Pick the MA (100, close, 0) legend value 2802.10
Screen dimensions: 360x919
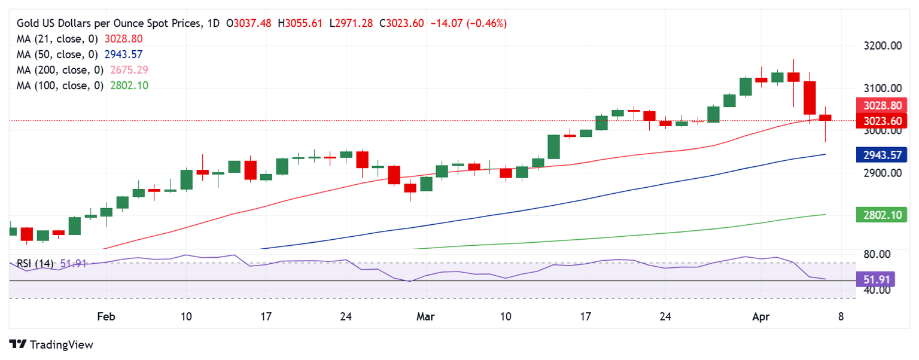pos(130,86)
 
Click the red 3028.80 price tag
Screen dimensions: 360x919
pos(882,106)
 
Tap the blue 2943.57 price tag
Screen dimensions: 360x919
pos(882,155)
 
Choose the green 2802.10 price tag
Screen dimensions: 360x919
pos(882,215)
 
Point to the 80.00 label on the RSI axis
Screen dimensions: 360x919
pos(882,255)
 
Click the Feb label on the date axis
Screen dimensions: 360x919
pos(105,316)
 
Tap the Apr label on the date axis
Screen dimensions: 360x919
pos(761,316)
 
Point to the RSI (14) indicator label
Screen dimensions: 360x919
pos(35,263)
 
